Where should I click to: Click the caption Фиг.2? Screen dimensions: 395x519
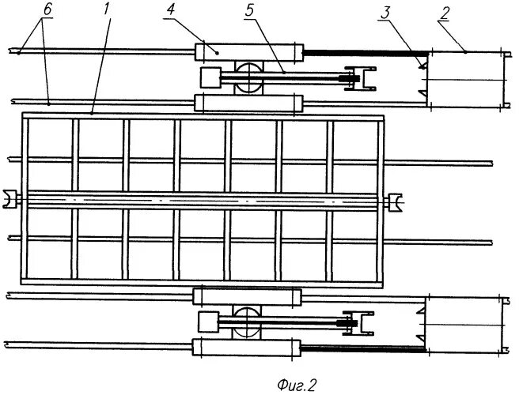tap(297, 385)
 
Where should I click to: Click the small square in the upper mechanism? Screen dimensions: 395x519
tap(211, 77)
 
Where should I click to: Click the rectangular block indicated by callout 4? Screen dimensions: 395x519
tap(249, 52)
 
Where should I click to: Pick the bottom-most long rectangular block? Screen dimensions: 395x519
tap(248, 348)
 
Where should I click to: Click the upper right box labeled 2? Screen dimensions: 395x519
tap(465, 79)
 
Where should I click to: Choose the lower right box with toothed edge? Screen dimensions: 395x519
tap(464, 324)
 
